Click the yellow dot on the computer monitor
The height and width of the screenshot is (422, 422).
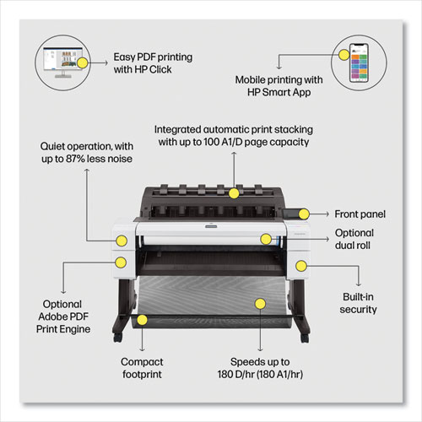click(x=82, y=62)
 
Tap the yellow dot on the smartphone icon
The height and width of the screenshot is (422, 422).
click(x=344, y=55)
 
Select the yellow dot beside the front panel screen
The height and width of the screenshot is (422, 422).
click(x=304, y=214)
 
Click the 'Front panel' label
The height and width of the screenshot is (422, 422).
click(x=360, y=214)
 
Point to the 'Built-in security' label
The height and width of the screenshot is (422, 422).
click(x=358, y=303)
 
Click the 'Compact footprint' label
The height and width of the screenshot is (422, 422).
click(x=142, y=368)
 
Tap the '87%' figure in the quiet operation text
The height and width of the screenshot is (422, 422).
click(x=75, y=159)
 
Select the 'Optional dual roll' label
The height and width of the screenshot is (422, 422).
click(x=354, y=239)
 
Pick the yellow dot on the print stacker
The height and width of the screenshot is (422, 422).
click(x=234, y=193)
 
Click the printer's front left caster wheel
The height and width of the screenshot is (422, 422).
click(x=117, y=338)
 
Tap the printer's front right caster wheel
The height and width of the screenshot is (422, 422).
click(x=305, y=338)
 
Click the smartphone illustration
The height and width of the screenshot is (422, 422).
click(x=359, y=62)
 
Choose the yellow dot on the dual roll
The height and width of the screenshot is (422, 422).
click(x=266, y=239)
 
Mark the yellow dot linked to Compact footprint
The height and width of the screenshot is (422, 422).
click(x=143, y=320)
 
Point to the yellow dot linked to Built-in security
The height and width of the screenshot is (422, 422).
click(x=301, y=266)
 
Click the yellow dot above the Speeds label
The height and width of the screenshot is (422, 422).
click(x=260, y=304)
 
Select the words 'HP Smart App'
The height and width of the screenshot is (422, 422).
click(x=279, y=92)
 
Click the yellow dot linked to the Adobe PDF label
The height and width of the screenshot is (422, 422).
click(x=121, y=262)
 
